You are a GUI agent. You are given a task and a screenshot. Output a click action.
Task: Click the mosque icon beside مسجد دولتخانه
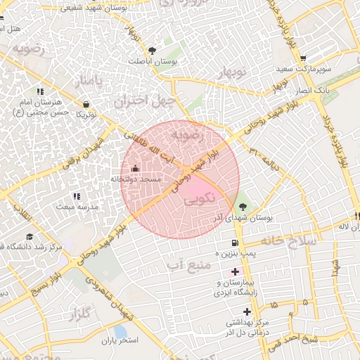pos(136,169)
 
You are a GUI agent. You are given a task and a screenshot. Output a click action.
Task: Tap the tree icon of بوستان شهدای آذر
pos(243,207)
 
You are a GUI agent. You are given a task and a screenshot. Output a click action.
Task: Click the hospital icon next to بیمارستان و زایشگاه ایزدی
pos(235,271)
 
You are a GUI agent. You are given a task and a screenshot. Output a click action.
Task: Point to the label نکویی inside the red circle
pos(198,200)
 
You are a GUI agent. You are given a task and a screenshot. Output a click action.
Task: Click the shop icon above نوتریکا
pos(86,104)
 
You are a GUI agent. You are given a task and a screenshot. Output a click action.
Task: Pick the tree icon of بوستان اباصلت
pos(152,50)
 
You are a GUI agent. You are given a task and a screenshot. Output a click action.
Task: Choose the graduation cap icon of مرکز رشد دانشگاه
pos(30,237)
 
